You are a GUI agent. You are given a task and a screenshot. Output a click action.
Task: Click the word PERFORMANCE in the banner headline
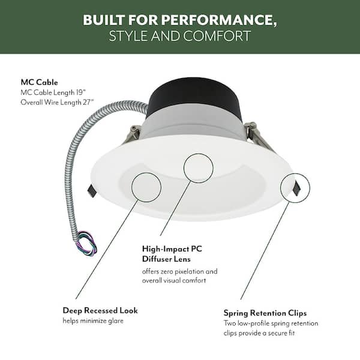[219, 20]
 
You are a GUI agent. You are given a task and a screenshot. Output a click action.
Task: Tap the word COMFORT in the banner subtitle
[217, 36]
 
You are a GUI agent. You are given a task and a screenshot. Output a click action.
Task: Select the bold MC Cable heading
[39, 82]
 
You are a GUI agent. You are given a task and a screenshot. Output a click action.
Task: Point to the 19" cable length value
[81, 92]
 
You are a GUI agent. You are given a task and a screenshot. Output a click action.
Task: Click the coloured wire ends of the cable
[87, 243]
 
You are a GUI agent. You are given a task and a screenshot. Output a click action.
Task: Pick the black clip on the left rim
[92, 191]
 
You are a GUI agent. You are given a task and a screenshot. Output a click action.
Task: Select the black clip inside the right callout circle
[296, 188]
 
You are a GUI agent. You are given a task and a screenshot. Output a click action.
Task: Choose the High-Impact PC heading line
[172, 249]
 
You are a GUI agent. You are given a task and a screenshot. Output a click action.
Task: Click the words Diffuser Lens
[166, 259]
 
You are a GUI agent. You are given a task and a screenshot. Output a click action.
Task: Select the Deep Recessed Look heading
[100, 310]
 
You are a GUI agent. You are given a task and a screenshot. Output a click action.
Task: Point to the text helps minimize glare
[93, 321]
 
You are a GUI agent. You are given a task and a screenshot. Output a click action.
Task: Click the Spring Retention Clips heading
[265, 313]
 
